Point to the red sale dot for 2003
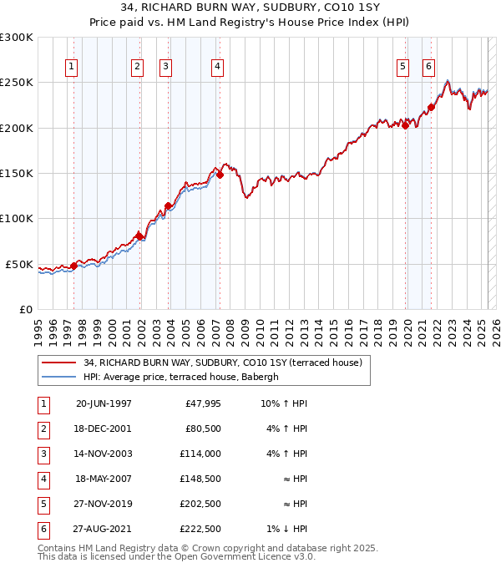coord(168,205)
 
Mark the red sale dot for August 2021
coord(432,107)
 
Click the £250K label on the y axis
coord(17,83)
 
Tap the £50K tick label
coord(19,264)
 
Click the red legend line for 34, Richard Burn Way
coord(58,363)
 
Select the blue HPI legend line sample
coord(58,378)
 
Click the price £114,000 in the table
coord(201,454)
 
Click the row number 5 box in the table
coord(42,504)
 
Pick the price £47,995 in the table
coord(203,403)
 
